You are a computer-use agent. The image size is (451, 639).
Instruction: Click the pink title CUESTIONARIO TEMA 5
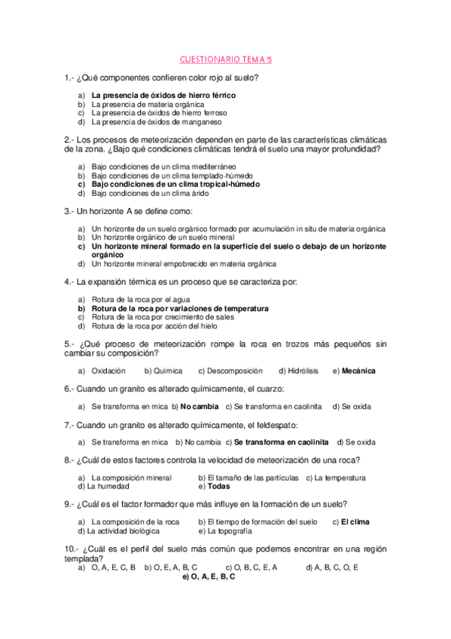coord(225,59)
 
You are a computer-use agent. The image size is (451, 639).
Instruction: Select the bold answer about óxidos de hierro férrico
coord(163,96)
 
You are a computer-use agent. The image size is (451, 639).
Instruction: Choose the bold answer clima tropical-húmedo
coord(175,184)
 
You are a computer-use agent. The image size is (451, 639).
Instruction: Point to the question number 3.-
coord(70,211)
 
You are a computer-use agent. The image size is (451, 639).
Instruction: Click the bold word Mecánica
coord(358,371)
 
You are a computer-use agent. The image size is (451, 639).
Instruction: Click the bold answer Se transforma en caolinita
coord(281,442)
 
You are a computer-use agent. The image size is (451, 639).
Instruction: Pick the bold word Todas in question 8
coord(218,487)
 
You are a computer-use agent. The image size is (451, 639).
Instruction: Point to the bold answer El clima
coord(355,521)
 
